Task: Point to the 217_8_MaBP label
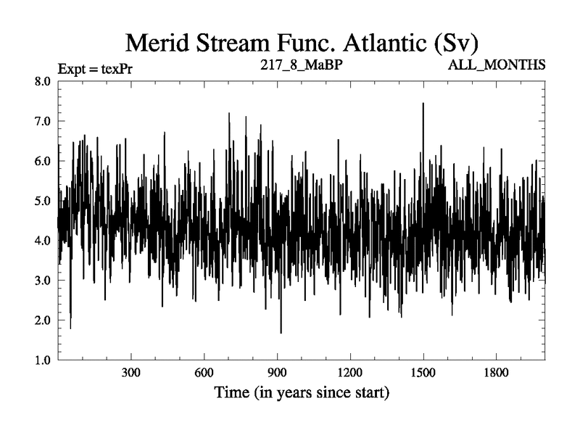tap(301, 65)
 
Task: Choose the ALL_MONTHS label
tap(497, 65)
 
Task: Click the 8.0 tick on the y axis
tap(42, 82)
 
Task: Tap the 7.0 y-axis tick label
tap(42, 122)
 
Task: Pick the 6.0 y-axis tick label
tap(42, 162)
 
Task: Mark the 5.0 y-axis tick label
tap(42, 201)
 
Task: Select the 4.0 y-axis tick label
tap(42, 241)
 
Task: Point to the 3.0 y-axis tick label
tap(42, 281)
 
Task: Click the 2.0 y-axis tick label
tap(42, 320)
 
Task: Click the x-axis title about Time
tap(301, 394)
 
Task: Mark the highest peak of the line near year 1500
tap(423, 104)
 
